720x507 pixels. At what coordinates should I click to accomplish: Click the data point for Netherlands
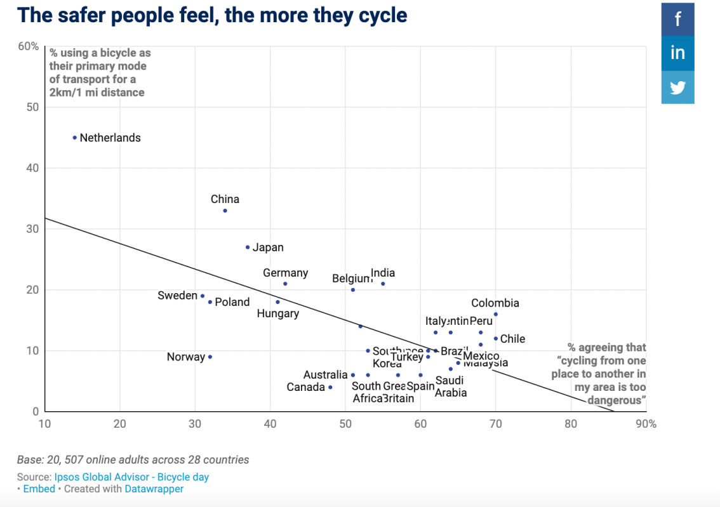(x=75, y=138)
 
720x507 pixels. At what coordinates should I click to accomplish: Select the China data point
(x=225, y=211)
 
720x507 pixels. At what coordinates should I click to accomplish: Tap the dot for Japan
(x=248, y=247)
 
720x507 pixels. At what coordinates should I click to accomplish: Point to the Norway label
(x=186, y=357)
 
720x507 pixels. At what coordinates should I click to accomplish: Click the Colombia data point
(x=496, y=314)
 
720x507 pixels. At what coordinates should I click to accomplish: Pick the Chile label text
(x=513, y=339)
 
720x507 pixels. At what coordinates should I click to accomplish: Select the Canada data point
(x=330, y=387)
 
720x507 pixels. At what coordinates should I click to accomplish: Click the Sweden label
(x=177, y=296)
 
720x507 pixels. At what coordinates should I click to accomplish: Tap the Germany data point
(x=285, y=284)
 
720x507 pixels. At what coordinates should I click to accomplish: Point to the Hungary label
(x=278, y=313)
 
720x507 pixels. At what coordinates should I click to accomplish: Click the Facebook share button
(x=677, y=19)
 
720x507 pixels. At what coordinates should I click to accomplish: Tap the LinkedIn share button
(x=677, y=53)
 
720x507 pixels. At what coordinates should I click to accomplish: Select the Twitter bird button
(x=677, y=87)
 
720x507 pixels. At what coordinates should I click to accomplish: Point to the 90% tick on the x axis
(x=646, y=424)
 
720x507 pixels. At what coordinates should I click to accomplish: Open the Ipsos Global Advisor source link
(x=131, y=477)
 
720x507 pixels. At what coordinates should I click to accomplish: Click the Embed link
(x=39, y=489)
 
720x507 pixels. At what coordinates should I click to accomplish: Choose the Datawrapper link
(x=154, y=489)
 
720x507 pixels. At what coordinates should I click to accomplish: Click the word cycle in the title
(x=376, y=15)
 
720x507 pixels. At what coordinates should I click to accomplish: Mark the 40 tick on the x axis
(x=270, y=424)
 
